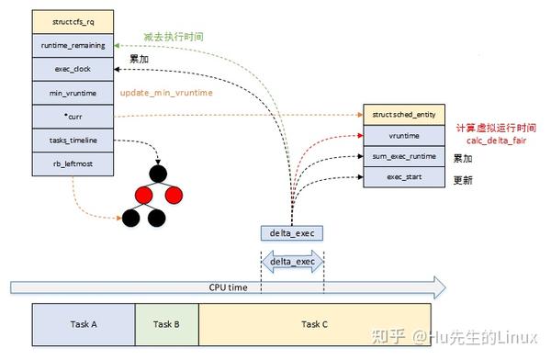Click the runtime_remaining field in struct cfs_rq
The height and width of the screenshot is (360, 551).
(x=72, y=44)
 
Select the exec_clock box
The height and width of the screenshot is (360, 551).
(x=72, y=69)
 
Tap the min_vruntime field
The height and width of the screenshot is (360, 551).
(x=72, y=93)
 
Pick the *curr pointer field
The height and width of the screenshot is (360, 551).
(x=72, y=117)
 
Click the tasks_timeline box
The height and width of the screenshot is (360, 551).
(x=72, y=141)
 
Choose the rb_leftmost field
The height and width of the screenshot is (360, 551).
(x=72, y=164)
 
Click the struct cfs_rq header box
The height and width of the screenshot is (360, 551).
(x=72, y=20)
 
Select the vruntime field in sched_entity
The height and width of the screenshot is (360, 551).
(x=405, y=135)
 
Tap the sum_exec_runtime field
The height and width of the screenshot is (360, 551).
(x=405, y=156)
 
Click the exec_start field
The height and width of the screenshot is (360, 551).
(x=405, y=176)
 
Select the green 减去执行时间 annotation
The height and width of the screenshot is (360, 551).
(x=173, y=37)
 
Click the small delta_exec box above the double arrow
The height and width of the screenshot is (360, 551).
(x=292, y=233)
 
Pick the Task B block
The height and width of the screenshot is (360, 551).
(x=166, y=324)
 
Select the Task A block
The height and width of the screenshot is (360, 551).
(x=83, y=324)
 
